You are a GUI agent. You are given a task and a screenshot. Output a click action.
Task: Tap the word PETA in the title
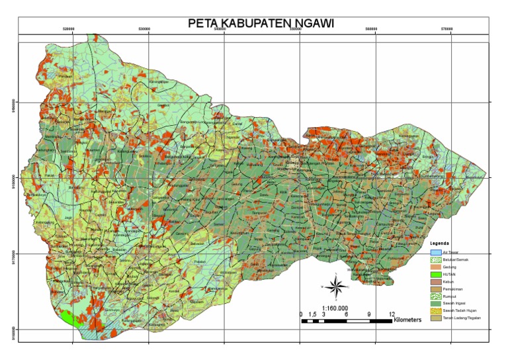pos(204,24)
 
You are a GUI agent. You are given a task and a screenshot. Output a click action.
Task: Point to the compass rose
pos(336,286)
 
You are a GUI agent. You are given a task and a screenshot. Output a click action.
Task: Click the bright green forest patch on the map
pos(73,320)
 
